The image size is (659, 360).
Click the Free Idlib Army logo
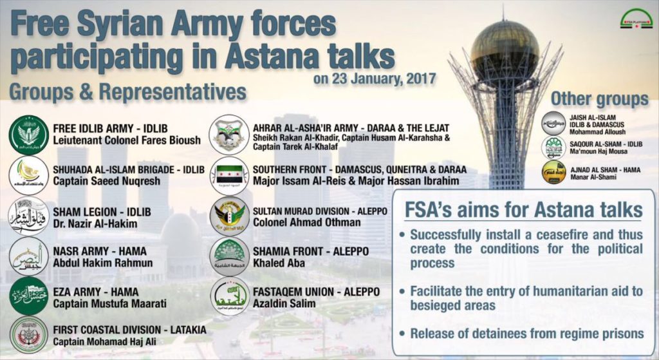29,135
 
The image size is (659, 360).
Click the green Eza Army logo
29,296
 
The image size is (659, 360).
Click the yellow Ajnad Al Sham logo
553,173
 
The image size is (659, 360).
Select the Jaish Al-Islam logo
553,123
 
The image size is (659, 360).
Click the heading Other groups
599,99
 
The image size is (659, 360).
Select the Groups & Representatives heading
128,92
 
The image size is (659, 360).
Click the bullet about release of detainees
526,334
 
